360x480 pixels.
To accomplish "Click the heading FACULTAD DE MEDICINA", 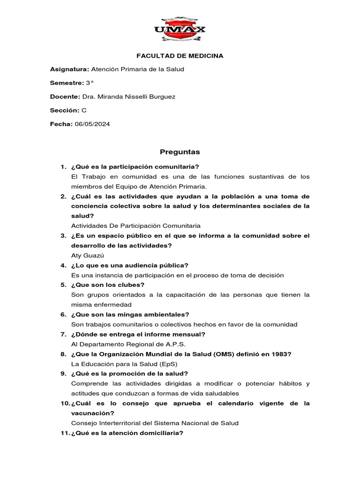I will coord(180,56).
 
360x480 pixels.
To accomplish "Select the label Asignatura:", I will coord(69,69).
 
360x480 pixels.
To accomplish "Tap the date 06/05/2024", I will coord(92,124).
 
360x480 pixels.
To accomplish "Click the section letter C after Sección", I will coord(84,110).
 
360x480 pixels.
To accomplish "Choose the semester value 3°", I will coord(90,83).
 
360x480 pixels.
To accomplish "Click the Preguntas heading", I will coord(180,152).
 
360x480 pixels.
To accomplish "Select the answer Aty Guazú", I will coord(87,255).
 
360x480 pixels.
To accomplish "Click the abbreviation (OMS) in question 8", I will coord(226,354).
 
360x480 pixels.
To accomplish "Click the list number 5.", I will coord(63,285).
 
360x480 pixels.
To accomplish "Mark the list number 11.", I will coord(65,433).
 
